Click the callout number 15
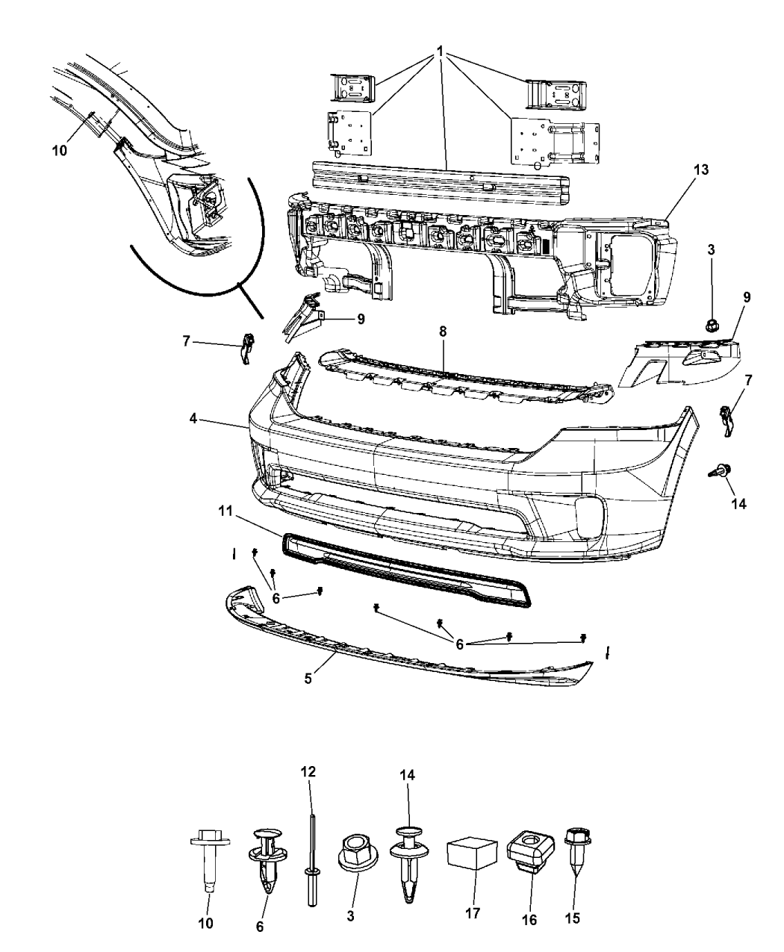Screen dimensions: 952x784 coord(573,918)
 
